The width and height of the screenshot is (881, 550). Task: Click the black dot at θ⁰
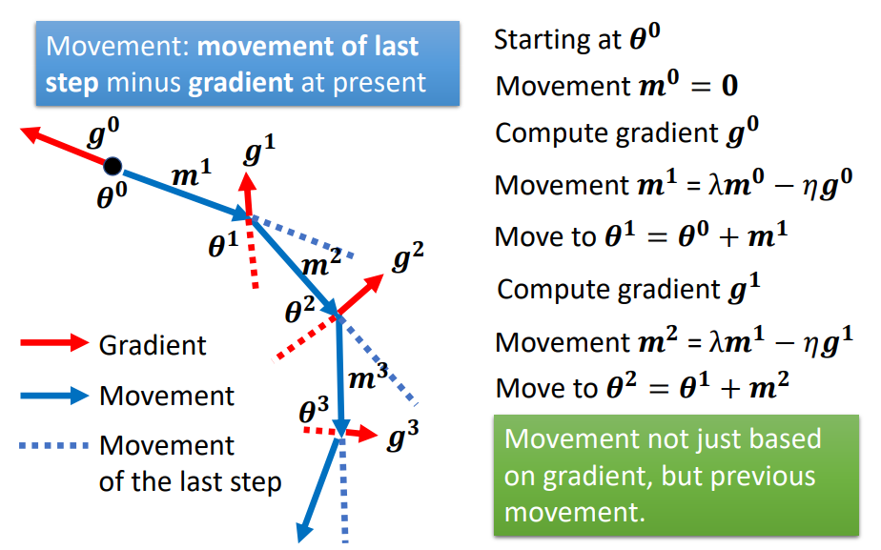point(113,167)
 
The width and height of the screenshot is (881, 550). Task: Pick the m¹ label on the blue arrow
point(192,174)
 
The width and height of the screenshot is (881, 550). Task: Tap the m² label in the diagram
point(321,264)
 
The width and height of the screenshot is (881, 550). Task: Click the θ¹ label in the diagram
point(223,247)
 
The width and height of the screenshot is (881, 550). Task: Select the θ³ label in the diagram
point(314,413)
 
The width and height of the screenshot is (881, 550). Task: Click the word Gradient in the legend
point(153,345)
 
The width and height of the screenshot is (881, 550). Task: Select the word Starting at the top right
point(540,40)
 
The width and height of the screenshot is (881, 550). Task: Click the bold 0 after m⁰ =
point(729,87)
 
